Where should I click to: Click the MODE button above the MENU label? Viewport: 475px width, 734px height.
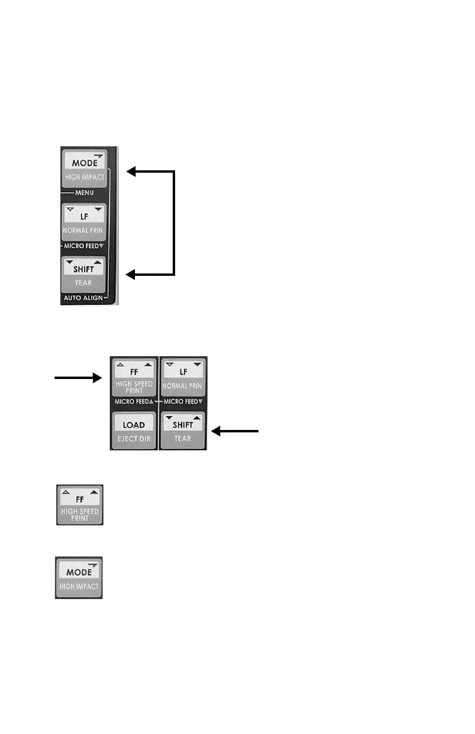[84, 168]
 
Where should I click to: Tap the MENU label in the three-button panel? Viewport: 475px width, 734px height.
[83, 193]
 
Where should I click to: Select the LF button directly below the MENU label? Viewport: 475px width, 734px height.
[84, 221]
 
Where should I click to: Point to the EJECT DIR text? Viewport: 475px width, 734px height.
[133, 438]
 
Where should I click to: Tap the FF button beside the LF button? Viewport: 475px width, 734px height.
[134, 375]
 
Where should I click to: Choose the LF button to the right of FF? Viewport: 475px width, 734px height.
[182, 375]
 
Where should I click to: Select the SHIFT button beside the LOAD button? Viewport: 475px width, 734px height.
[182, 429]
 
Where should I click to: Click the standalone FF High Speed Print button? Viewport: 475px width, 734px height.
[80, 504]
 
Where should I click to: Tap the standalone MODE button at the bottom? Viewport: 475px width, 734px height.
[79, 577]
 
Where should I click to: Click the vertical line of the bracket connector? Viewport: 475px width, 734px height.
[174, 223]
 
